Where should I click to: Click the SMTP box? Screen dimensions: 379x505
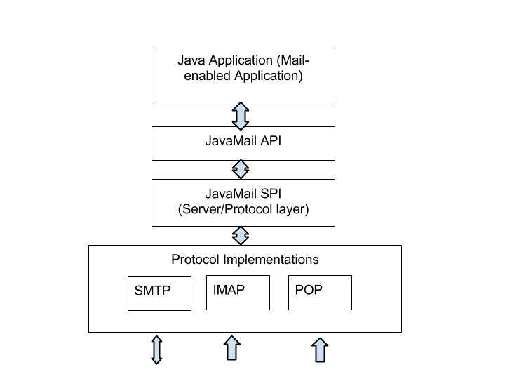[159, 293]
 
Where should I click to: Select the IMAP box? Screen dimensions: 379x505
[238, 292]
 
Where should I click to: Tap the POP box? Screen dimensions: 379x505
[320, 292]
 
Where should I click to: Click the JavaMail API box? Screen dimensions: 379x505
[243, 143]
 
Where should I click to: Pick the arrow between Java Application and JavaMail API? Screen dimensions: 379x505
[241, 114]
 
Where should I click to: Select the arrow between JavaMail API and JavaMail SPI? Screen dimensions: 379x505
[241, 169]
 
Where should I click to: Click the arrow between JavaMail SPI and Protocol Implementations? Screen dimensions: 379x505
[241, 235]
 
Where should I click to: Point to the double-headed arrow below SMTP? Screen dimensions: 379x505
[157, 350]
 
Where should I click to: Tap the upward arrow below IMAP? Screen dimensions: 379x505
[231, 349]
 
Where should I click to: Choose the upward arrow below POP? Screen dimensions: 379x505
[320, 350]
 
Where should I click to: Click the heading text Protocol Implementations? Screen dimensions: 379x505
[245, 260]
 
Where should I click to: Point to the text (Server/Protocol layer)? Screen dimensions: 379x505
[243, 209]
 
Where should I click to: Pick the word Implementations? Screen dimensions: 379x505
[271, 260]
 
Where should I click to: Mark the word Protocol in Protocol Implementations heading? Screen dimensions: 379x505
[195, 260]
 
